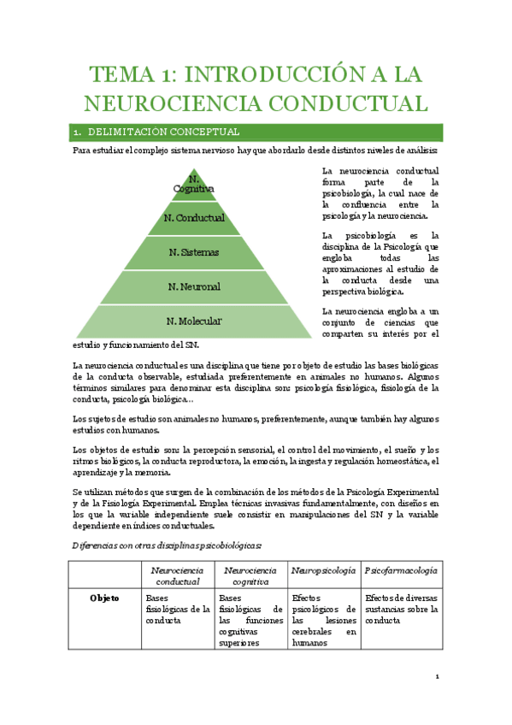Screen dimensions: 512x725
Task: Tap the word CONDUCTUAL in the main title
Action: coord(337,104)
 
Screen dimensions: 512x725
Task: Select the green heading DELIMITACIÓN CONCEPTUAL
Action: coord(163,133)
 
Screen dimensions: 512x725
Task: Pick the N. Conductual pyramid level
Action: coord(194,218)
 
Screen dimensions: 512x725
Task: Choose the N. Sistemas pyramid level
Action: coord(194,252)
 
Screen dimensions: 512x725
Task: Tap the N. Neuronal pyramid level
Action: coord(194,286)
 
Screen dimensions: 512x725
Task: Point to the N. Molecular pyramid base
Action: coord(194,321)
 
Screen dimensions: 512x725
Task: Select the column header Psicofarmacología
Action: coord(401,569)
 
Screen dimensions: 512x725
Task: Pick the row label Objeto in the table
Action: coord(104,598)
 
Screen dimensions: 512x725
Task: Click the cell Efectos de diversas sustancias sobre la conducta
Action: coord(401,610)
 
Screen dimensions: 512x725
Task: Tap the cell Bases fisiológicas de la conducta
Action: coord(177,610)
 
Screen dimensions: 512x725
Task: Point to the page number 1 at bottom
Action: coord(437,676)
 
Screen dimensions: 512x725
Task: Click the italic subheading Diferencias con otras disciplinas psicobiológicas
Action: coord(166,545)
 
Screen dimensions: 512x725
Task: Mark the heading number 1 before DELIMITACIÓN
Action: coord(77,133)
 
